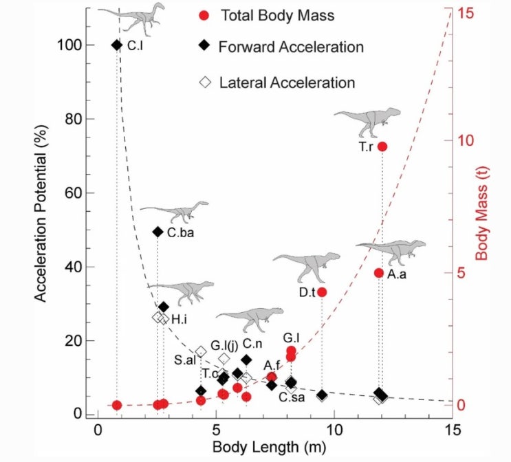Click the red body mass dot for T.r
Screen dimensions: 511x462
(382, 147)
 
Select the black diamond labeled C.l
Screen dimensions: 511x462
(117, 45)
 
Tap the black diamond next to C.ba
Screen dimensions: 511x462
(157, 232)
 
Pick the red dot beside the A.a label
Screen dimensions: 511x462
(379, 273)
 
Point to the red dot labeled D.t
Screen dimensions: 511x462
(322, 292)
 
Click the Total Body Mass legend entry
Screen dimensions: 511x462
(267, 15)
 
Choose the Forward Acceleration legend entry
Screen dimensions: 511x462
(281, 46)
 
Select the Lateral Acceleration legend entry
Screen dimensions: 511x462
(277, 82)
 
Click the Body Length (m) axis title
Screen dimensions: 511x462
(269, 447)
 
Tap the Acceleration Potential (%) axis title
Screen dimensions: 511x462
(41, 214)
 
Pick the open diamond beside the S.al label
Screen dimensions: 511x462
(201, 351)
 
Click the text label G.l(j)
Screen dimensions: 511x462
(224, 345)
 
